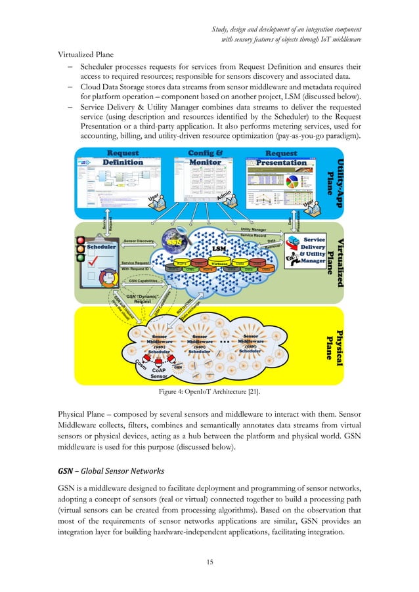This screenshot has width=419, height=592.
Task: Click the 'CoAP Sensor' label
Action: [x=158, y=373]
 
